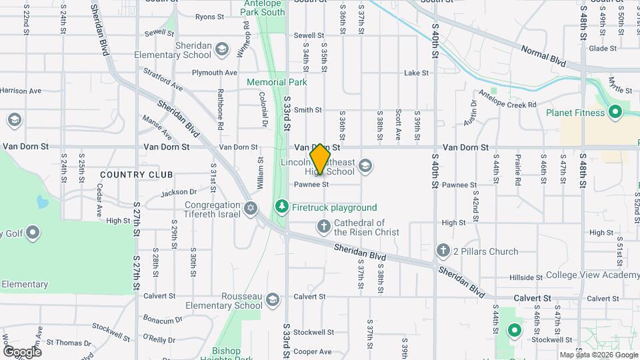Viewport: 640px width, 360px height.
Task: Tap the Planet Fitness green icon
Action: pos(615,113)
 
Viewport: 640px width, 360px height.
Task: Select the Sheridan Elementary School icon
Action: pos(222,49)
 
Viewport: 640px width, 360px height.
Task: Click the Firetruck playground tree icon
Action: pos(282,207)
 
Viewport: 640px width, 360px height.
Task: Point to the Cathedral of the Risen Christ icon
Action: pos(323,227)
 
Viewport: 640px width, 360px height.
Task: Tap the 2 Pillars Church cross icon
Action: pos(443,251)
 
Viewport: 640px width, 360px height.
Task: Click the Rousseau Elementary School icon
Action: pos(272,301)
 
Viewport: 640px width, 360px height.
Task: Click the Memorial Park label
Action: pos(277,82)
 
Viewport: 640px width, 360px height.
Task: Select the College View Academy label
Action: pos(593,275)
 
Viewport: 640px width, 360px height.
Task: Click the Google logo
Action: pos(22,351)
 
